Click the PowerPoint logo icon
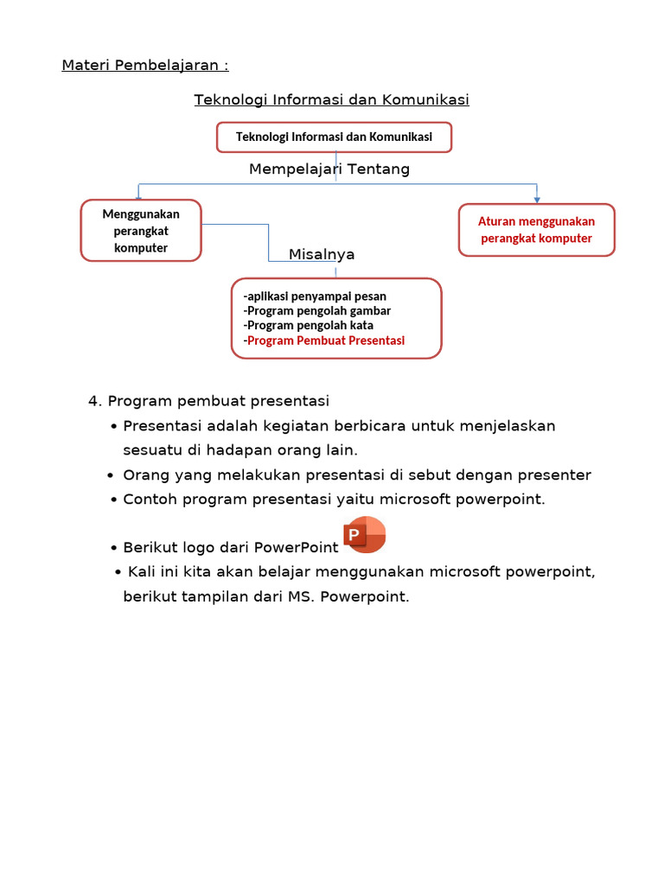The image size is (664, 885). pos(364,535)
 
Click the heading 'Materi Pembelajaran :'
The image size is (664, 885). pos(145,66)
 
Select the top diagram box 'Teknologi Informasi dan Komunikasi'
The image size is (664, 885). pos(334,137)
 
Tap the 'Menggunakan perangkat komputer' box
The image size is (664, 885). pos(141,230)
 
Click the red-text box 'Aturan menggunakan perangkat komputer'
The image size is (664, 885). pos(536,230)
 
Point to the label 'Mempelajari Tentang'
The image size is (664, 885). pos(329,169)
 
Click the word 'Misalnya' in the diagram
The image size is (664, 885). pos(322,254)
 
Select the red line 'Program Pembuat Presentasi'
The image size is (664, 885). pos(326,341)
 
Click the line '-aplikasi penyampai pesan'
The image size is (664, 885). pos(315,296)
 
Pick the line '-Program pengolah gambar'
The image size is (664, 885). pos(317,311)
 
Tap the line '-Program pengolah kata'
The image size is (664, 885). pos(309,326)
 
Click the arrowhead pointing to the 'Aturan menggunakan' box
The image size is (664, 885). pos(537,199)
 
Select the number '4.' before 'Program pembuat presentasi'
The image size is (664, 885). pos(96,401)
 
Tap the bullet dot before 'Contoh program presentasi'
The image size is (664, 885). pos(114,500)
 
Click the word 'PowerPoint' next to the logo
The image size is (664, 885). pos(296,548)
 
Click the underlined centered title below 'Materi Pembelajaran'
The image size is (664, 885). pos(332,99)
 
